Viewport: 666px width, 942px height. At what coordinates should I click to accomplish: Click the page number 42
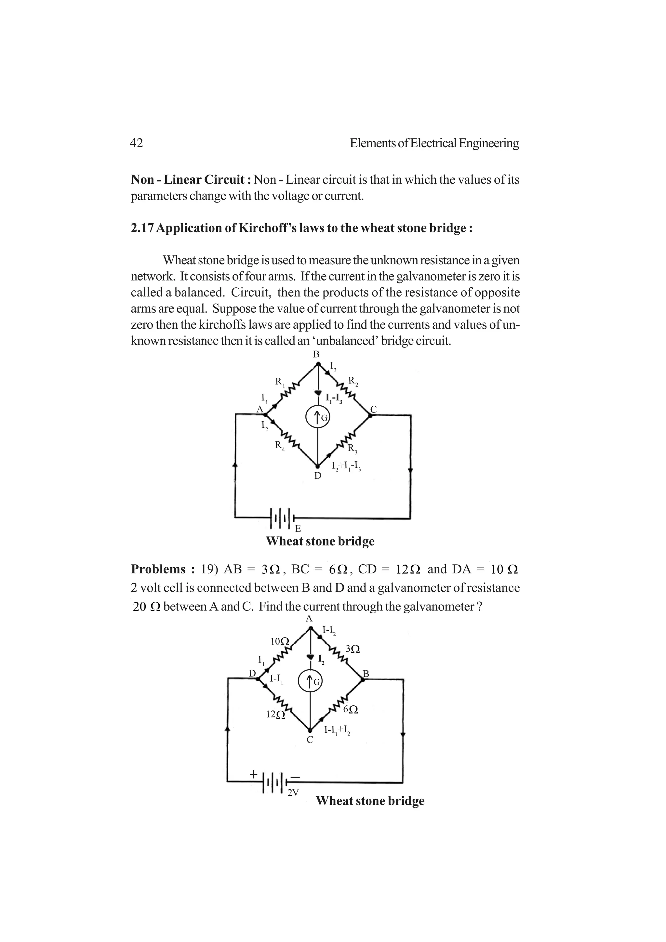(x=136, y=143)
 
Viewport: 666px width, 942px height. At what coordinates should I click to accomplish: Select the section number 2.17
(x=142, y=228)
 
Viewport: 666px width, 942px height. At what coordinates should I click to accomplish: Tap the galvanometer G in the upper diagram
(x=318, y=418)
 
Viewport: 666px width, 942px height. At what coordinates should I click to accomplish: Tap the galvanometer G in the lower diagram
(x=311, y=682)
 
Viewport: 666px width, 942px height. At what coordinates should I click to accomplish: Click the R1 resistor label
(x=280, y=382)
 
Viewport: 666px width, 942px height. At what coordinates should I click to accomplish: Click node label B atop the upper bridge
(x=316, y=355)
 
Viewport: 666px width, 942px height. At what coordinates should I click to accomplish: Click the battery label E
(x=298, y=529)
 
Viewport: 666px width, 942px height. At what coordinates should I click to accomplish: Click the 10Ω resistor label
(x=280, y=641)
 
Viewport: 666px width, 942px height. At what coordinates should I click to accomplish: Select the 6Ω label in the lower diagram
(x=351, y=709)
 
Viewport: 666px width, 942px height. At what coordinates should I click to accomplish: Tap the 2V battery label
(x=293, y=793)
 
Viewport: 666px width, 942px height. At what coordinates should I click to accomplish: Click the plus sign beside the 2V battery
(x=253, y=774)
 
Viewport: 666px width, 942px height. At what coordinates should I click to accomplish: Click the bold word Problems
(x=158, y=569)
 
